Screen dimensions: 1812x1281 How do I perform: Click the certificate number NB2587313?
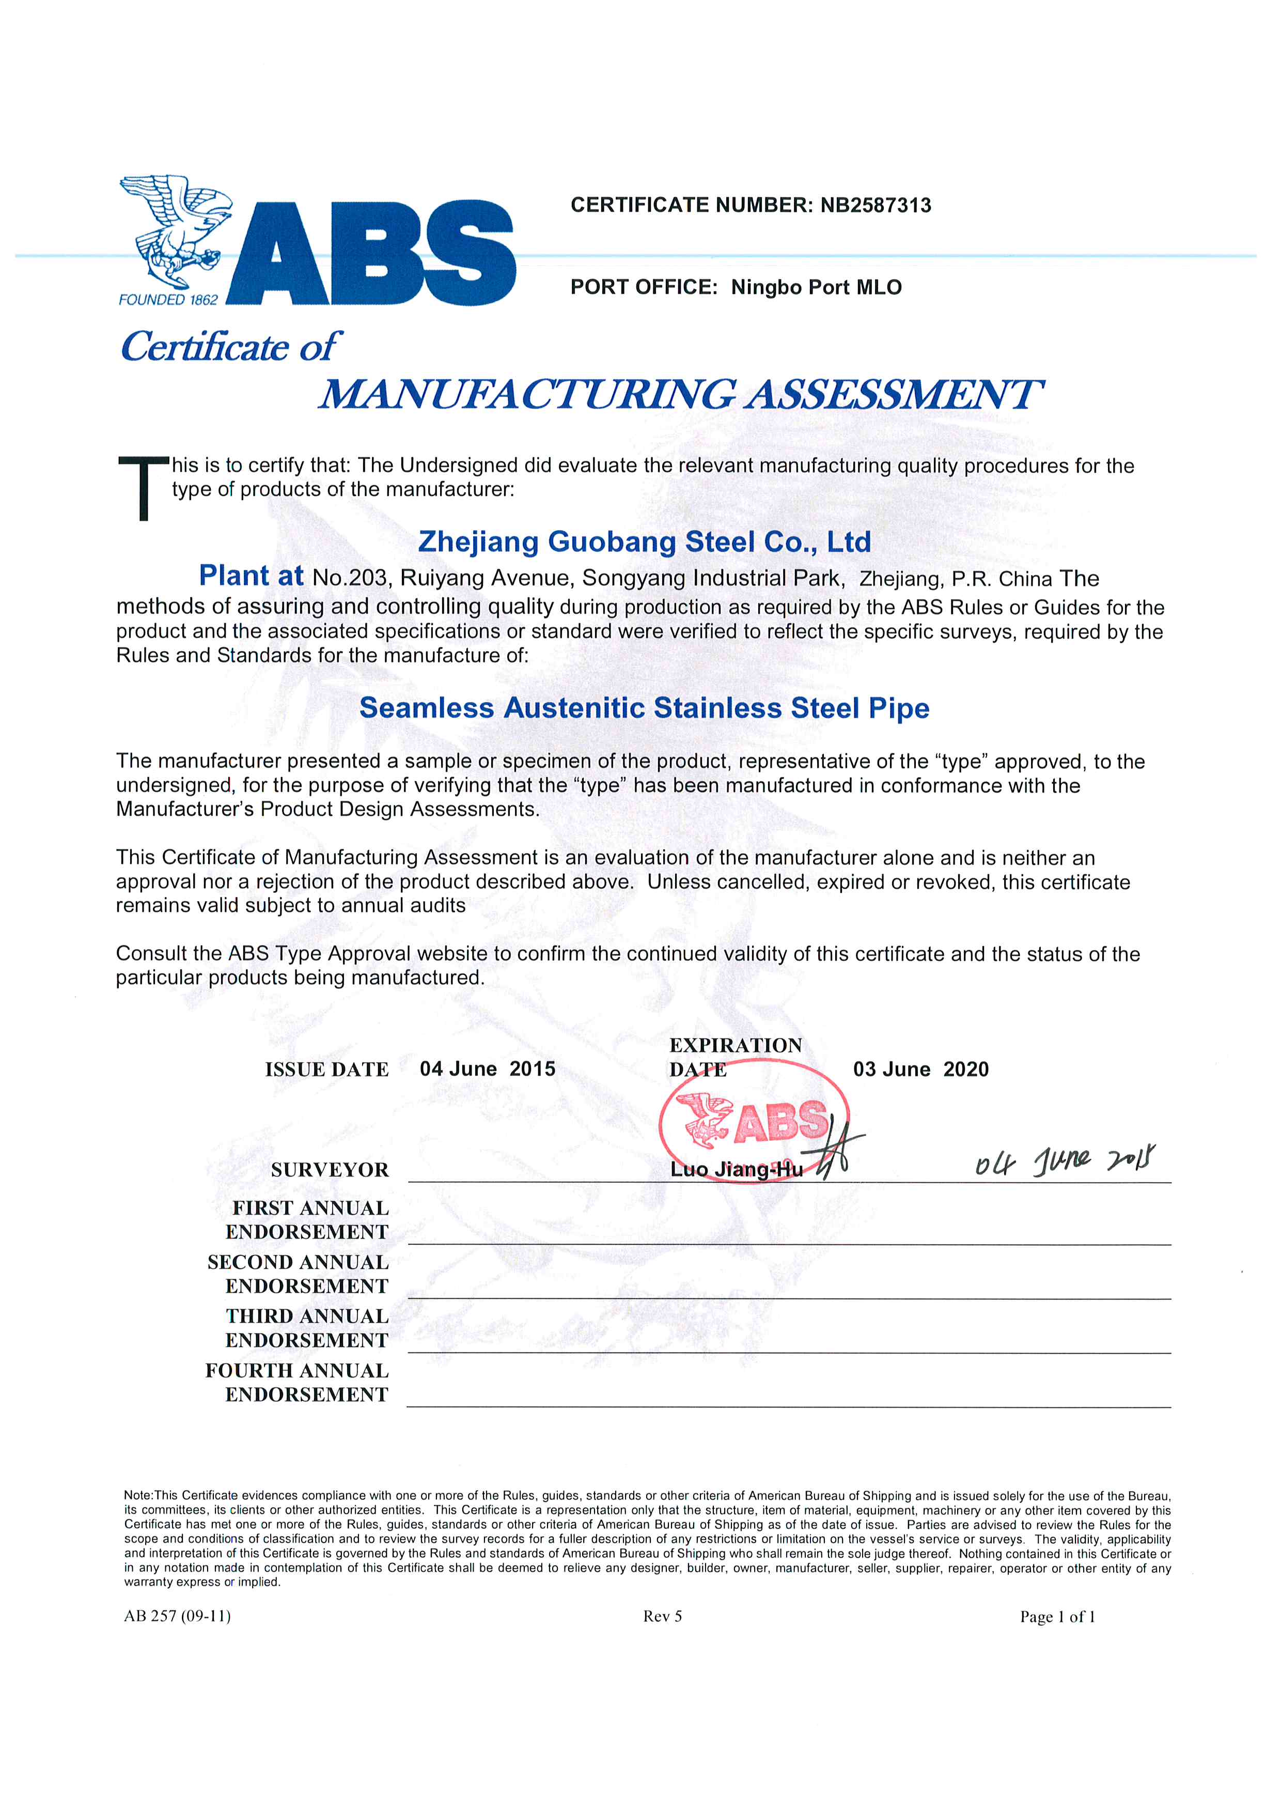point(876,205)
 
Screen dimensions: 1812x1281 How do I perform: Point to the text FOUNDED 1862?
point(168,300)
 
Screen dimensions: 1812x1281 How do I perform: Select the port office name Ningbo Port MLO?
point(817,287)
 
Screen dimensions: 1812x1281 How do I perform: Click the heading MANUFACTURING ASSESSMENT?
point(680,395)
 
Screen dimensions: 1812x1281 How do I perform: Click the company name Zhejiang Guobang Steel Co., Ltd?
point(645,541)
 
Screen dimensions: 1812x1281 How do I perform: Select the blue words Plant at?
point(251,576)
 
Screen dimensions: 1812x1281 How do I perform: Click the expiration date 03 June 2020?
point(920,1070)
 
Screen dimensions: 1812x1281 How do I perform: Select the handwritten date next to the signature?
point(1066,1160)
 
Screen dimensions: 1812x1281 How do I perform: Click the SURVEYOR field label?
point(330,1170)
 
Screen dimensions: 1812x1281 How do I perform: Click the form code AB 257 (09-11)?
point(178,1616)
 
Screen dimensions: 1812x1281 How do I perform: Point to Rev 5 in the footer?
point(663,1616)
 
